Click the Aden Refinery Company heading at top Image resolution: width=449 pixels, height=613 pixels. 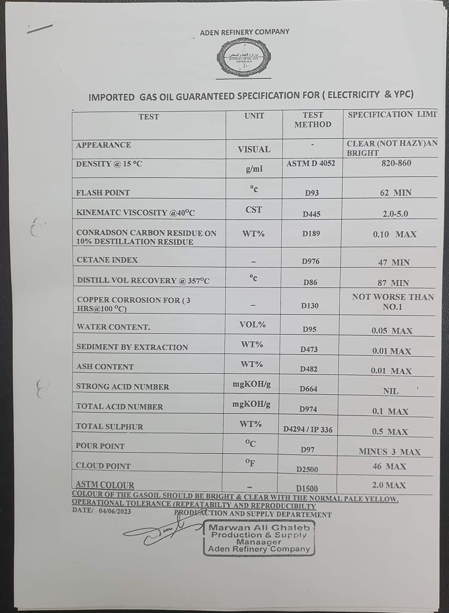click(244, 32)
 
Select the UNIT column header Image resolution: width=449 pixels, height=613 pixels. click(254, 116)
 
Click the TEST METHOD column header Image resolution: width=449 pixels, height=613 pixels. click(313, 120)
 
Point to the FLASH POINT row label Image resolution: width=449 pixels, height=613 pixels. click(103, 193)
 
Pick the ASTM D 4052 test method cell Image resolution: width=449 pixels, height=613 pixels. click(311, 163)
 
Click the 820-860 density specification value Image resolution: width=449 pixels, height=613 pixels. click(396, 163)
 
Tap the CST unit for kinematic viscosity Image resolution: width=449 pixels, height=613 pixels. click(254, 210)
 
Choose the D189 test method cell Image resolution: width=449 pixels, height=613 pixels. click(311, 234)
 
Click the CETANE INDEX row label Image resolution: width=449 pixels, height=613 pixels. click(107, 260)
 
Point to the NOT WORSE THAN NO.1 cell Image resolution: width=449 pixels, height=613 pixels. click(392, 302)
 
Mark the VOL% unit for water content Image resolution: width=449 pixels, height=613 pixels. click(252, 324)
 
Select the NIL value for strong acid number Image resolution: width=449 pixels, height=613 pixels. click(390, 391)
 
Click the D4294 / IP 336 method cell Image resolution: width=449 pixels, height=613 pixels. click(308, 430)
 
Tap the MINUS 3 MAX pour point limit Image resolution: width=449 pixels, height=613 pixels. click(390, 452)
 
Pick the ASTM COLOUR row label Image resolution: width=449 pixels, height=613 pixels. click(105, 485)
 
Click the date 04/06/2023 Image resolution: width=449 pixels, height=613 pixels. click(115, 511)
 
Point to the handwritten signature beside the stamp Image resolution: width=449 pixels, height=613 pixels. click(166, 534)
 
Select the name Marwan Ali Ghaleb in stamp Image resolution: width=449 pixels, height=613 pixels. click(259, 527)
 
